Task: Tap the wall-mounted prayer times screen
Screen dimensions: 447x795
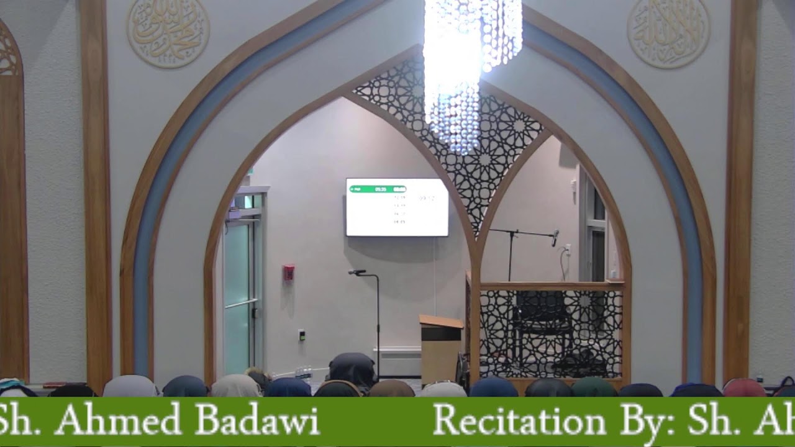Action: click(397, 207)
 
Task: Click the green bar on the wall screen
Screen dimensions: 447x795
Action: click(378, 189)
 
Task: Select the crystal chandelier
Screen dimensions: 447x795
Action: click(466, 68)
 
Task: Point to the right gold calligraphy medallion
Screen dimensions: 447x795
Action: click(668, 32)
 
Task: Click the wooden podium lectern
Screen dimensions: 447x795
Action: click(440, 348)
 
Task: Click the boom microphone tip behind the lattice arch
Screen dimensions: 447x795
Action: click(555, 236)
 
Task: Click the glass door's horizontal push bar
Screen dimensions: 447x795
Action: click(242, 304)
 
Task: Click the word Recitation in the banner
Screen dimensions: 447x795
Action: click(519, 422)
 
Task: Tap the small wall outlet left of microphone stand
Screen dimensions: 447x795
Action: click(302, 335)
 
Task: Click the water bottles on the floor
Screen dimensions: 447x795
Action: click(304, 372)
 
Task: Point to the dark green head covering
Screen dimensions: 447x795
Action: click(593, 387)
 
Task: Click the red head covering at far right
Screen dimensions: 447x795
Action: click(744, 388)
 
